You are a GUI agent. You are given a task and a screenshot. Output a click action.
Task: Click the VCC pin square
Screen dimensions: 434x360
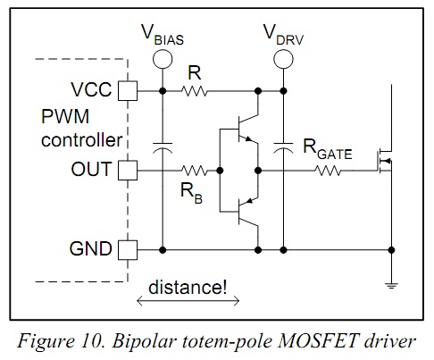[x=128, y=91]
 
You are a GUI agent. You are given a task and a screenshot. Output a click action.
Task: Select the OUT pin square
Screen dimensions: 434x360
[x=128, y=171]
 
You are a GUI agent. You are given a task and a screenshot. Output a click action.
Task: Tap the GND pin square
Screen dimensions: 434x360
[x=128, y=250]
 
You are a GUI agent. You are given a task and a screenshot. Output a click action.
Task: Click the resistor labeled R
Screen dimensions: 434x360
[x=195, y=91]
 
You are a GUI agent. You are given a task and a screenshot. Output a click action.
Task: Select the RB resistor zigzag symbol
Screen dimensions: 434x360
[x=195, y=171]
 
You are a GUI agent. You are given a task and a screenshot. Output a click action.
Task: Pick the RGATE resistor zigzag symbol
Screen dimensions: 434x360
[x=328, y=171]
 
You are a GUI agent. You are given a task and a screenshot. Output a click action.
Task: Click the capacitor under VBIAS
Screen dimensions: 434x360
[x=163, y=148]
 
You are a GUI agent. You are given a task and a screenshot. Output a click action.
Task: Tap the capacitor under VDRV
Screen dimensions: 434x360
[x=283, y=148]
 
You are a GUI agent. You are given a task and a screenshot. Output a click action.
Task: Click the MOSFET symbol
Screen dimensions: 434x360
[x=385, y=162]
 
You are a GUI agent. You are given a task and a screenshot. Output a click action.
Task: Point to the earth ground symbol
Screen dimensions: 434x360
[x=391, y=286]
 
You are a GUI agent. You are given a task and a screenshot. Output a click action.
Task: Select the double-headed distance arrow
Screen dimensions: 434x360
[x=188, y=301]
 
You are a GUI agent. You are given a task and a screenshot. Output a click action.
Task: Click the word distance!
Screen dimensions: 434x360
[x=188, y=288]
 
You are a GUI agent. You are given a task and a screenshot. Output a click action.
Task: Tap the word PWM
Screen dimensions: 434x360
[x=65, y=116]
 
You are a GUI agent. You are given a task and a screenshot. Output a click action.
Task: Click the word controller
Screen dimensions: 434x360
[x=81, y=139]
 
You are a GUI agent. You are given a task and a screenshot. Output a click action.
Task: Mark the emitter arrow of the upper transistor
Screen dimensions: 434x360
[x=247, y=138]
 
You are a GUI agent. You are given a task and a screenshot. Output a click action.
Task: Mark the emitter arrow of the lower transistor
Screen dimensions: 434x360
[x=249, y=201]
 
